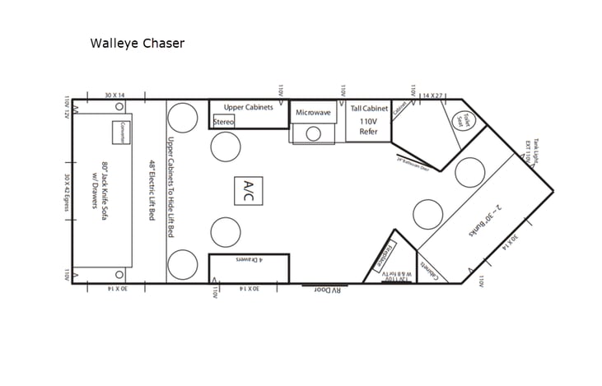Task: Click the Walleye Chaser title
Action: [137, 44]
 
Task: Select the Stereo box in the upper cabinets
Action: [224, 122]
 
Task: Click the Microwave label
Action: [314, 112]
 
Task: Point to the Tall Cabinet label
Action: [368, 109]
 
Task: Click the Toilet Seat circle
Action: [459, 119]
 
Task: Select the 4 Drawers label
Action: [248, 260]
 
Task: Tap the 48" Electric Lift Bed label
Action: [152, 190]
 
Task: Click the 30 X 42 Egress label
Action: [66, 190]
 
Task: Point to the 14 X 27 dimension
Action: [433, 95]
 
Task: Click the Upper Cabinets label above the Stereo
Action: [248, 108]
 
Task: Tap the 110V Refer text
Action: [368, 126]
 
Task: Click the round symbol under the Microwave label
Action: [313, 133]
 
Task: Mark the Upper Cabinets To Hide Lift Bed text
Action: [170, 190]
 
